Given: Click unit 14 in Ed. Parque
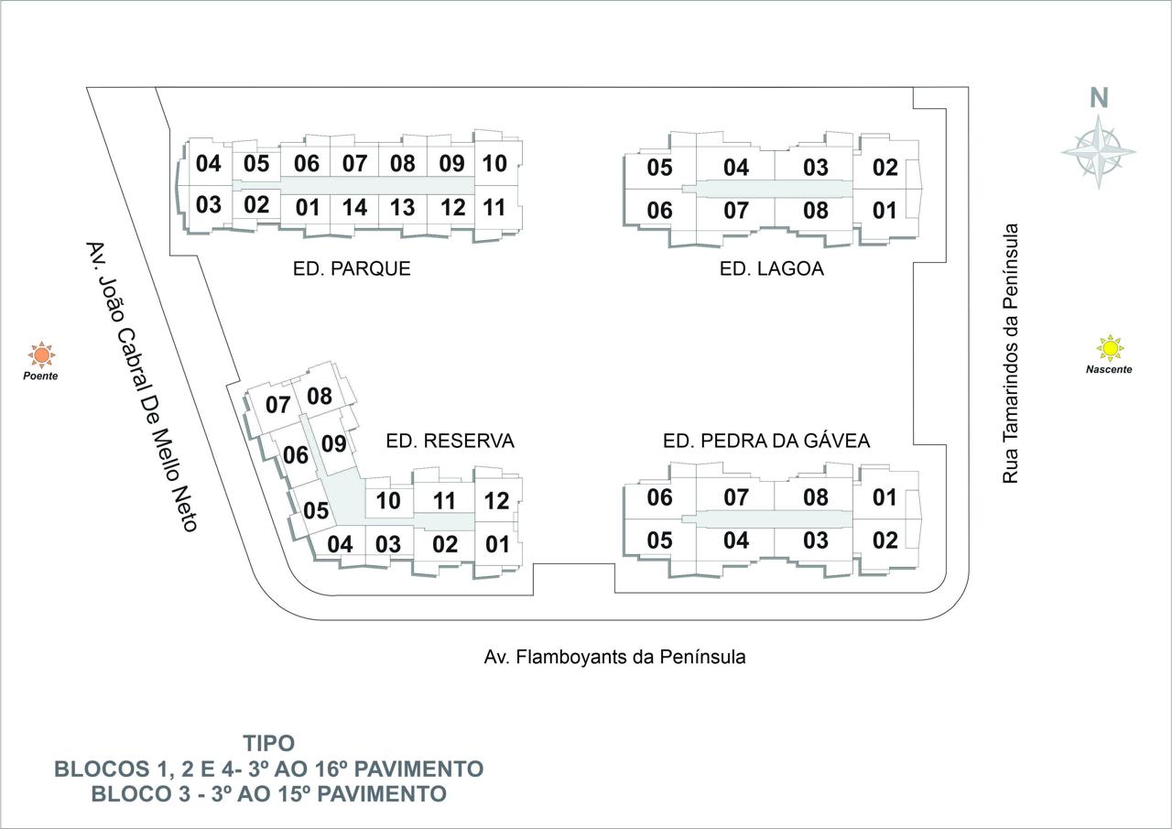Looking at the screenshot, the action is coord(354,208).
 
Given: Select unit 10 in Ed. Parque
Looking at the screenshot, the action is coord(494,163).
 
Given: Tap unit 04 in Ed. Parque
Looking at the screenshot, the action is coord(208,163).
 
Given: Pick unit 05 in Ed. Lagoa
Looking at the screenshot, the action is coord(659,168).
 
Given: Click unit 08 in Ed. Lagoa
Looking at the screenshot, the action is coord(816,211).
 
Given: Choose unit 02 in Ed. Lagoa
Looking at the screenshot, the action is coord(885,168).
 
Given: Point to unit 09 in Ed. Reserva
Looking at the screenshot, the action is coord(334,443).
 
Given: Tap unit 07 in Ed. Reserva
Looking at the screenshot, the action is coord(277,405).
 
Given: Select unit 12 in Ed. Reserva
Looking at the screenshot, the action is coord(496,501).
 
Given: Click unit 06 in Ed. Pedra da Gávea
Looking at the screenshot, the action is coord(659,497).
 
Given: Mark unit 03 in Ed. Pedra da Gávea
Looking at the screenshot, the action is coord(816,540).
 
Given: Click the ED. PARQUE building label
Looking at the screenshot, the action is coord(352,268).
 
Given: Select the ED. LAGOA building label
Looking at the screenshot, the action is coord(772,268).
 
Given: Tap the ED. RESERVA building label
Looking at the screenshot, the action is coord(450,441).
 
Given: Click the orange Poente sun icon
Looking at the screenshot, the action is coord(41,355).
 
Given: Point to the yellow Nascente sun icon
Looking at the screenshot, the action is coord(1109,348).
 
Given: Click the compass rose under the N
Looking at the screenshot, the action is coord(1098,152).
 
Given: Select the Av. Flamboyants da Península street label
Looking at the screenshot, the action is coord(614,657).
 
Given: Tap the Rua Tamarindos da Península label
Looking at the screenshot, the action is coord(1010,354).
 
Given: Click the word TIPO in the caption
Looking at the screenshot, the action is coord(269,743).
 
